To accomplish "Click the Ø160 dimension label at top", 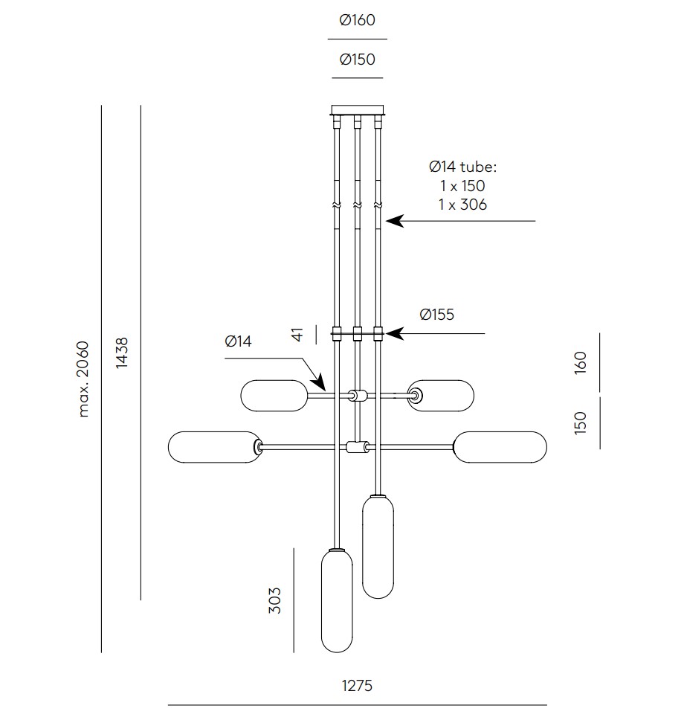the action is point(357,20).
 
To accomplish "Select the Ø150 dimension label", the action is point(357,60).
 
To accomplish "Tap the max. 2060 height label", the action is point(83,379).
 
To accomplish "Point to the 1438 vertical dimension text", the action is point(122,353).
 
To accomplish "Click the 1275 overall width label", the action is point(357,686).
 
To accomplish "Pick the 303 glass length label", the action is point(274,600).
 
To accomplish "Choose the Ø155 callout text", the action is point(437,315).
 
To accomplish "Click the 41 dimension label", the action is point(298,334).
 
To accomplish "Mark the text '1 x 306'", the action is point(462,205).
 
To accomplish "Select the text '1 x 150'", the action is point(462,186).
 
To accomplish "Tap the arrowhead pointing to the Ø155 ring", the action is point(395,333).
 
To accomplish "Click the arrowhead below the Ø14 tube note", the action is point(395,221).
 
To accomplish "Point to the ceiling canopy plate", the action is point(357,110).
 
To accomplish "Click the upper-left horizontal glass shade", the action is point(274,396).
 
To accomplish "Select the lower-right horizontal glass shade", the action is point(500,447).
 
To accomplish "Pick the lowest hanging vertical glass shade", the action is point(337,600).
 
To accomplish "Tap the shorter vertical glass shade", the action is point(378,547).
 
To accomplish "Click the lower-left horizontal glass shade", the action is point(215,447).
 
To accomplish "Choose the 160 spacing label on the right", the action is point(581,362).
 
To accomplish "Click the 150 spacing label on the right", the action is point(581,422).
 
